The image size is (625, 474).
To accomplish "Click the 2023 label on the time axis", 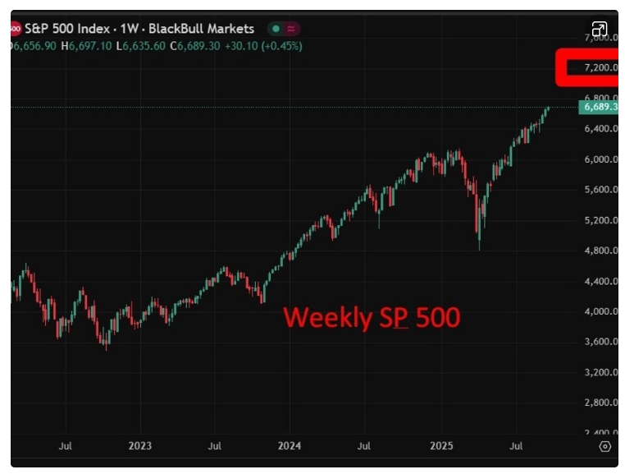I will coord(139,447).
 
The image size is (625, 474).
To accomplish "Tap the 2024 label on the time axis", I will coord(290,447).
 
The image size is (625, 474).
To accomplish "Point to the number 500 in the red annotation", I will coord(437,318).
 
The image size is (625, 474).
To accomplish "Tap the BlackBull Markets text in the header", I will coord(201,29).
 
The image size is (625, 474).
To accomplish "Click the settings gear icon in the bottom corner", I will coord(605,447).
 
